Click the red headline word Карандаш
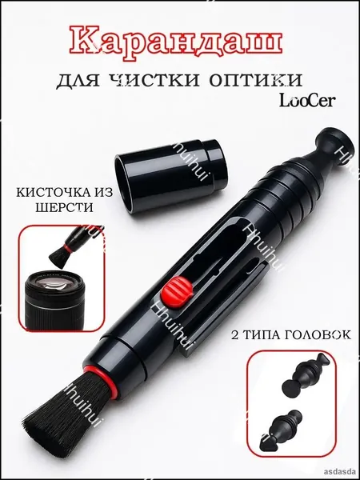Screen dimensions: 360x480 pyautogui.click(x=176, y=42)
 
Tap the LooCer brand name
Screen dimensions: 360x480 pyautogui.click(x=307, y=101)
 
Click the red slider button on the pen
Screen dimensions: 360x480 pyautogui.click(x=178, y=291)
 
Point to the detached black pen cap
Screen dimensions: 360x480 pyautogui.click(x=171, y=176)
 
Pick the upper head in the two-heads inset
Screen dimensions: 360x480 pyautogui.click(x=306, y=374)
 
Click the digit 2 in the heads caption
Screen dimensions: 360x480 pyautogui.click(x=235, y=335)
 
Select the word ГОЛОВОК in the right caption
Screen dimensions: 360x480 pyautogui.click(x=318, y=335)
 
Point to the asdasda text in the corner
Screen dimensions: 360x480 pyautogui.click(x=342, y=472)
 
